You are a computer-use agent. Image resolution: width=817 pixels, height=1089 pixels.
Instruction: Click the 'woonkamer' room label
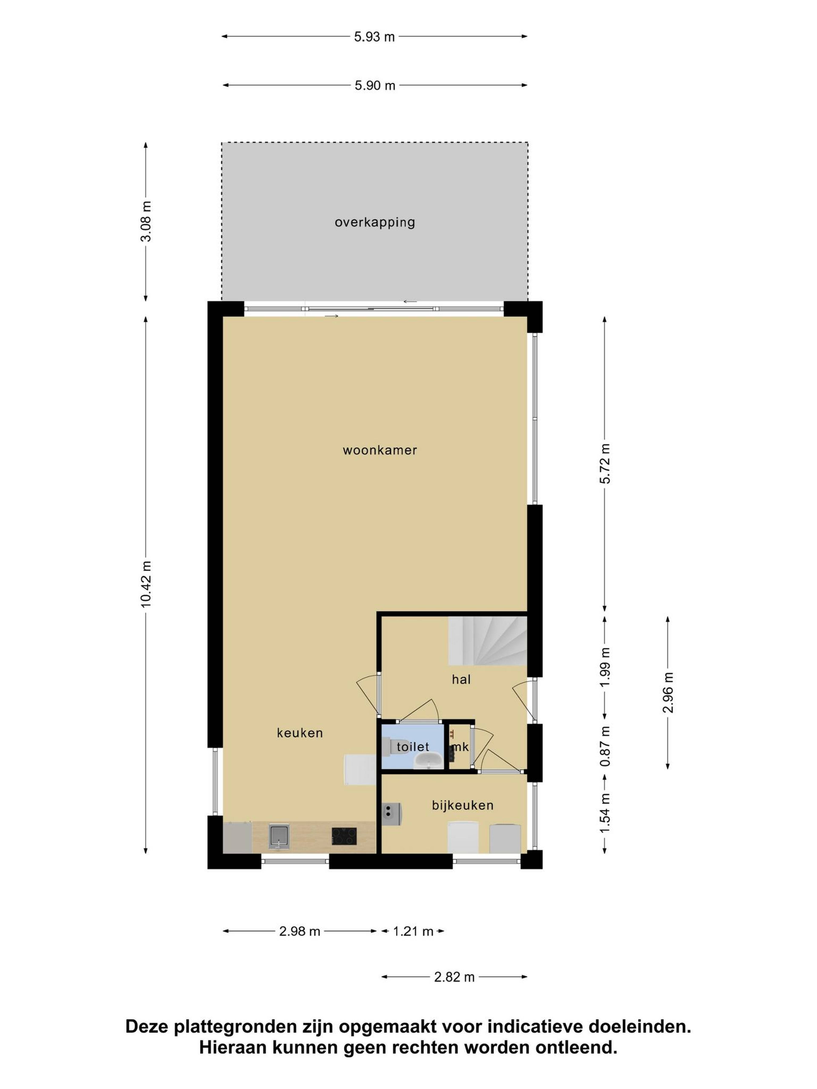(380, 450)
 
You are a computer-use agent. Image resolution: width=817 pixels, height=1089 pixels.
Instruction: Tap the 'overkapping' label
(375, 222)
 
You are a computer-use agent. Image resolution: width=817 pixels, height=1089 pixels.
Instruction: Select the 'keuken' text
(300, 733)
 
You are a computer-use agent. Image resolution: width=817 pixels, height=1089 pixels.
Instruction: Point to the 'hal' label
(461, 679)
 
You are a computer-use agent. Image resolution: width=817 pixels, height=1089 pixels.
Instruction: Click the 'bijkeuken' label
(462, 805)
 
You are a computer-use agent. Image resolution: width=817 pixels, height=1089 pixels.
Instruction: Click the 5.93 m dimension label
(374, 37)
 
